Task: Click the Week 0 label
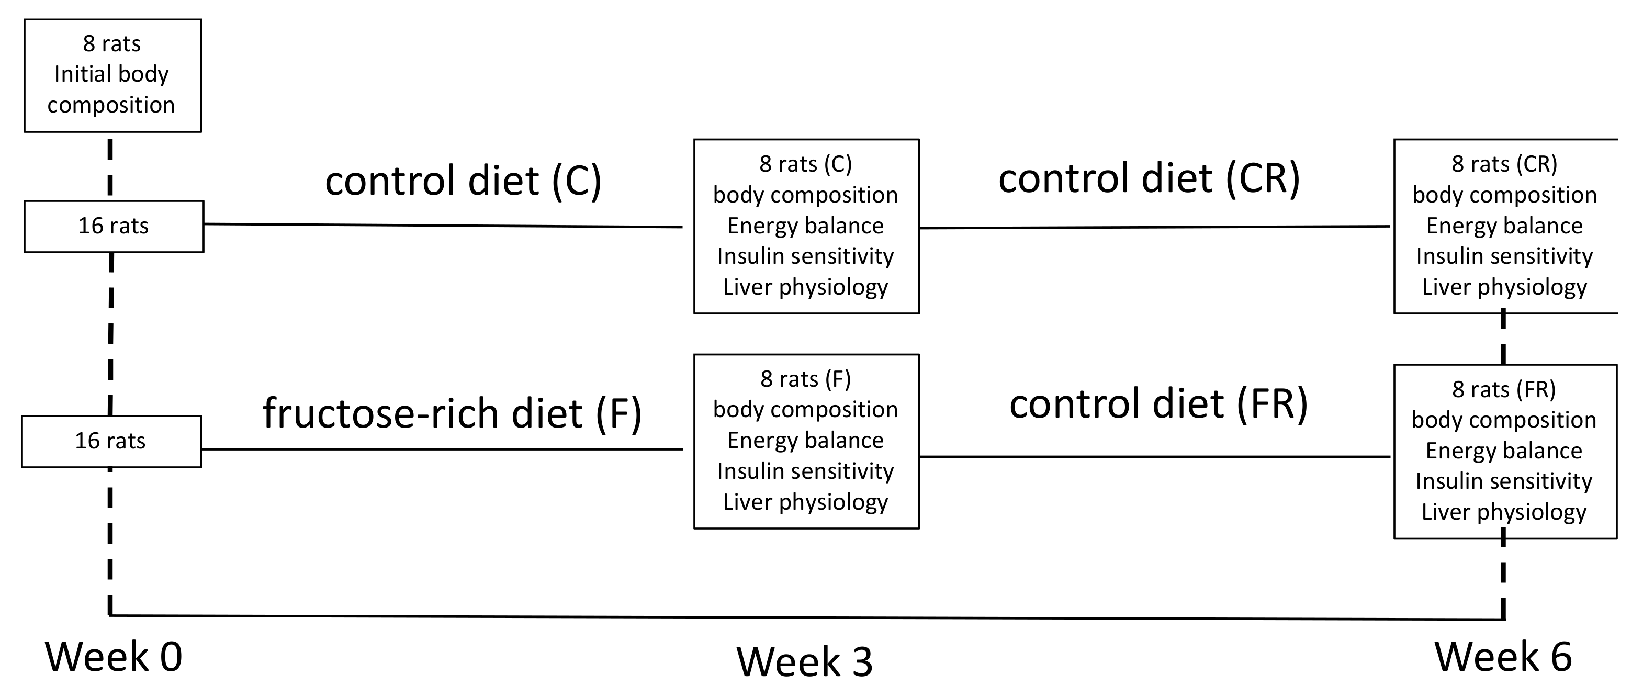pos(114,657)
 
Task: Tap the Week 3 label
pos(804,662)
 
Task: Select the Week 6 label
pos(1503,657)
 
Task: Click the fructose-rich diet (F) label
pos(452,413)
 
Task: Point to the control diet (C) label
pos(463,181)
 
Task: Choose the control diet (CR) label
pos(1149,178)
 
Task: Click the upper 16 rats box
pos(114,227)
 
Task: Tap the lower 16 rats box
pos(111,441)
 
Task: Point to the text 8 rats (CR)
pos(1504,164)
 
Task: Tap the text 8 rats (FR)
pos(1503,389)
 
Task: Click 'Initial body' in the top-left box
pos(111,74)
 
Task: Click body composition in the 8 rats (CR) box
pos(1504,195)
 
